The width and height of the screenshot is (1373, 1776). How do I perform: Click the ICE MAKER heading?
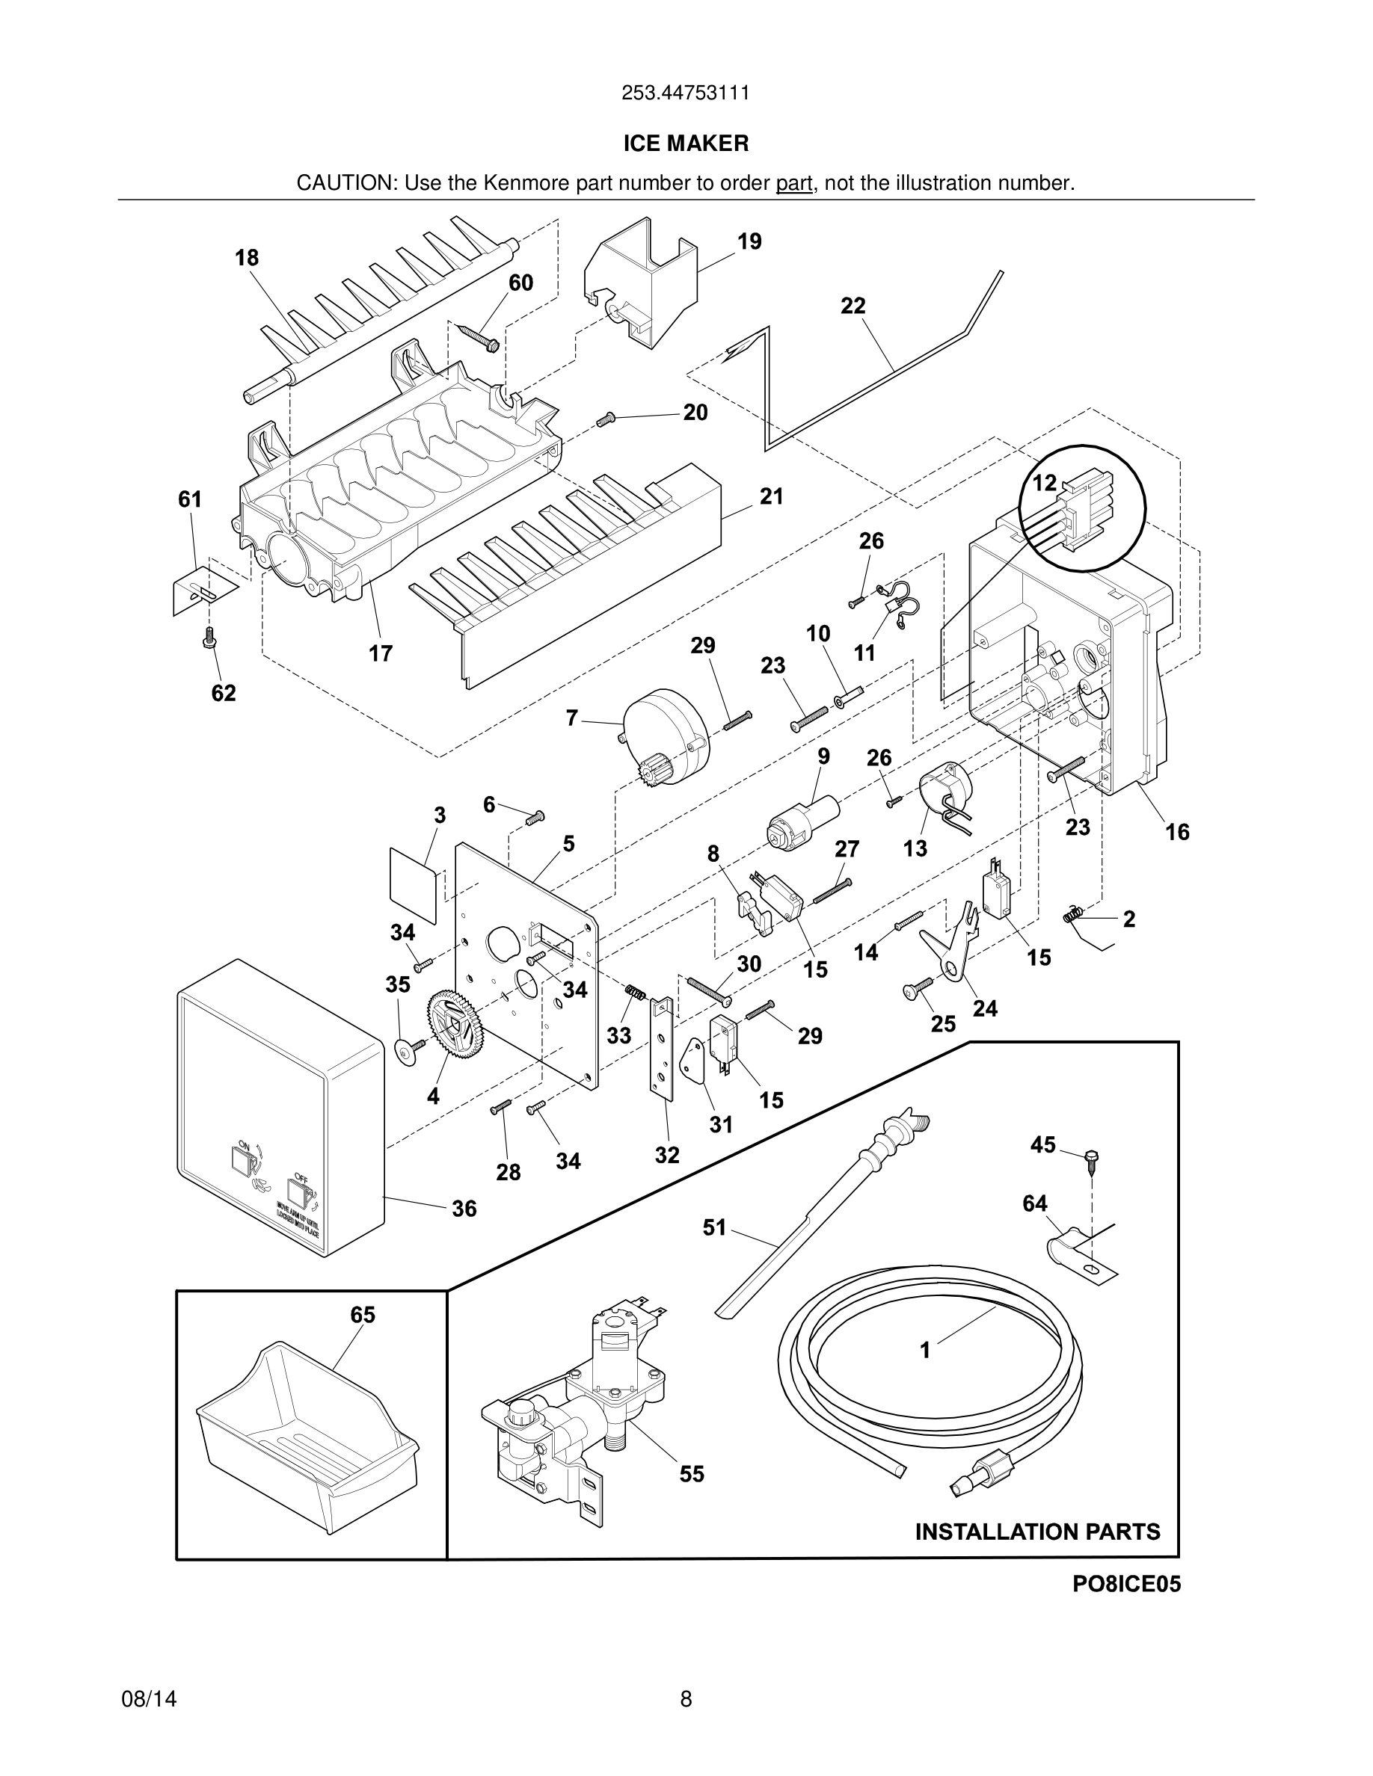point(686,144)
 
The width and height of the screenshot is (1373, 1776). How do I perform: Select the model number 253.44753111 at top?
point(686,93)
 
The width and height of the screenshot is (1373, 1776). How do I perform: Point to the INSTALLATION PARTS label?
point(1037,1532)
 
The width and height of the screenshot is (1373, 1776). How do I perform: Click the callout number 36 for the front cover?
point(464,1209)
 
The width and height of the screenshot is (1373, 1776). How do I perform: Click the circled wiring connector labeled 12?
point(1082,508)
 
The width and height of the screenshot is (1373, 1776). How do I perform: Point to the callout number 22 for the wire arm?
point(853,306)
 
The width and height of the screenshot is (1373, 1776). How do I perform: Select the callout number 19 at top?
point(749,241)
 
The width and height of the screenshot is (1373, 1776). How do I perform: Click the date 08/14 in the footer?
point(149,1700)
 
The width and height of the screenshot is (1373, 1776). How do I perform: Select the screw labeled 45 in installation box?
point(1091,1158)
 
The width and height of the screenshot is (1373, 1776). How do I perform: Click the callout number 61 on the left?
point(191,499)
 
